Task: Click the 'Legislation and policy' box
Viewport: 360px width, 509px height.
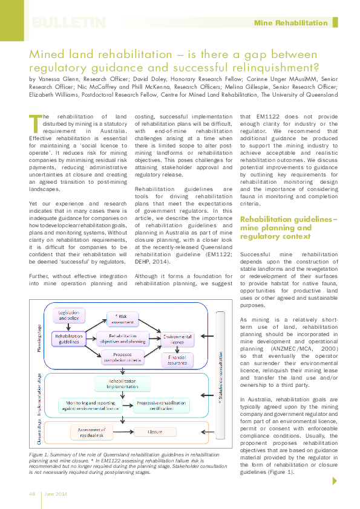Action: click(x=69, y=315)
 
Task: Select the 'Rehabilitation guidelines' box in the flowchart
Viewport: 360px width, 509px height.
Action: click(x=68, y=339)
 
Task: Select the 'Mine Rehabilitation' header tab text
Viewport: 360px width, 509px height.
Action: click(x=290, y=23)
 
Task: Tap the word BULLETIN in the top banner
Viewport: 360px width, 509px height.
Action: click(x=68, y=23)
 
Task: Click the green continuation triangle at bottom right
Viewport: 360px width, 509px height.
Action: click(x=335, y=481)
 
